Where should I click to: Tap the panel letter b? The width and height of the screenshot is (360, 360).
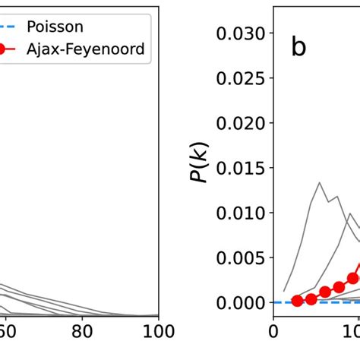coord(298,48)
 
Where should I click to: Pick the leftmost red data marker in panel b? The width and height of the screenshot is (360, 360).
coord(297,301)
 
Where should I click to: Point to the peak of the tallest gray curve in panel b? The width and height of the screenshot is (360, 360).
coord(320,182)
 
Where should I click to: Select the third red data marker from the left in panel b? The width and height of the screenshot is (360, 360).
coord(325,292)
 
